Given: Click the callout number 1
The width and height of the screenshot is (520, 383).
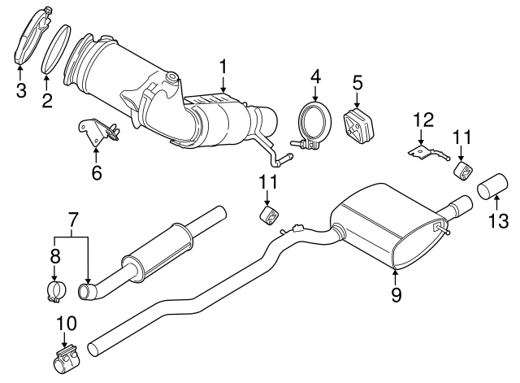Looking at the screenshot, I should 222,64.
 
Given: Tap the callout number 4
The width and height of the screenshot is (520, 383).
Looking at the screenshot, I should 315,79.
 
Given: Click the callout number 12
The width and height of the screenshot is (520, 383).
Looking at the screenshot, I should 420,120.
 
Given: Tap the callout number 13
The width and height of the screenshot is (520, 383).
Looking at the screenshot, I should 498,220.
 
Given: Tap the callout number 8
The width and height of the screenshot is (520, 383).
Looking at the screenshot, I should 54,255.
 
